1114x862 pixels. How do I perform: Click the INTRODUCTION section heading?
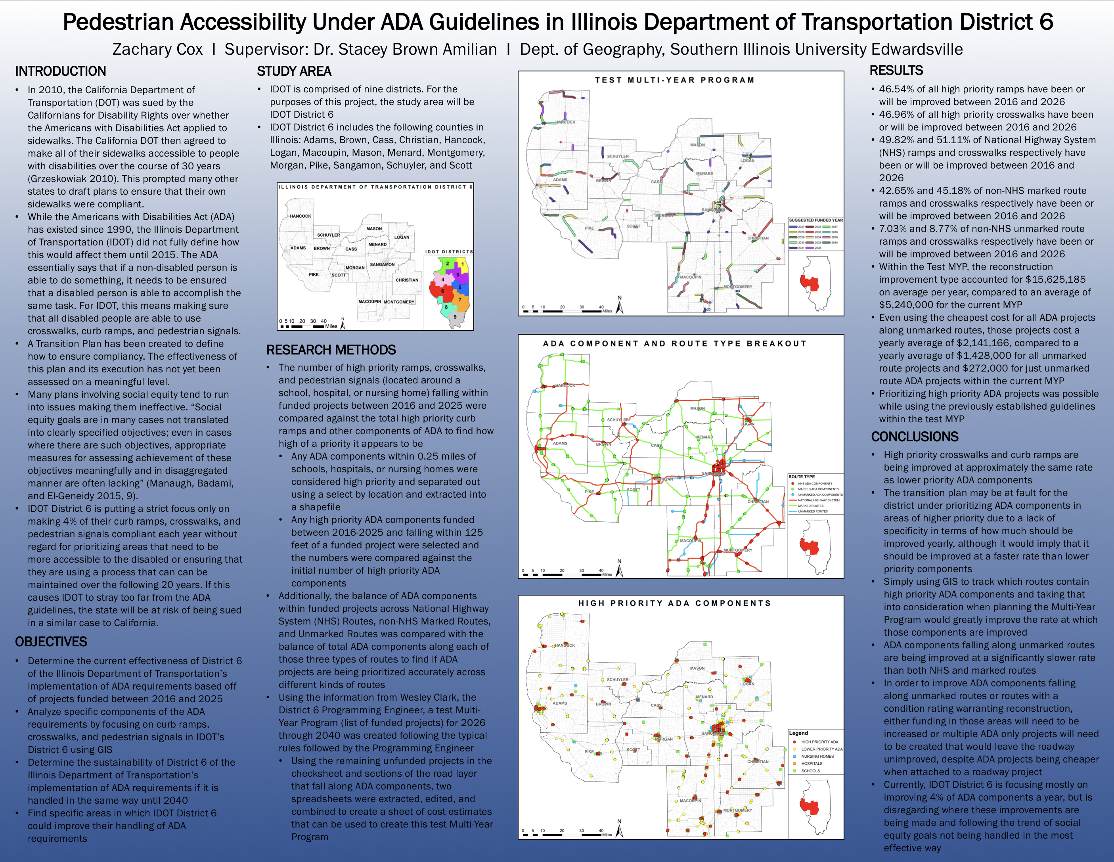(60, 71)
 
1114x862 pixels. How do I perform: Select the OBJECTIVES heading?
(51, 642)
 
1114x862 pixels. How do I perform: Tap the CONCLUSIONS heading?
(915, 437)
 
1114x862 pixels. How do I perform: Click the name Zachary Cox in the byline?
(158, 50)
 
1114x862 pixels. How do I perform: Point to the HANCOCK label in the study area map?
(301, 216)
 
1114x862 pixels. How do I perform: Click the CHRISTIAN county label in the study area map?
(406, 280)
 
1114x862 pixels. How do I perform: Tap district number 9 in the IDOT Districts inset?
(455, 317)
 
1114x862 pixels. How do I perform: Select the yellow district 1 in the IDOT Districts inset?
(462, 264)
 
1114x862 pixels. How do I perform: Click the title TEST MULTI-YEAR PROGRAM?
(674, 80)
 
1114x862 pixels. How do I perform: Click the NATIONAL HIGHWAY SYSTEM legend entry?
(815, 500)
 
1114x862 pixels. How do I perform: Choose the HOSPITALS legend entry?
(811, 764)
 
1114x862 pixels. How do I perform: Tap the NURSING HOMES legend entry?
(817, 757)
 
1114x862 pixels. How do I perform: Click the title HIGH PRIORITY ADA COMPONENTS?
(674, 603)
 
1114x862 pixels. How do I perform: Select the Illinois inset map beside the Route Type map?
(815, 546)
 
